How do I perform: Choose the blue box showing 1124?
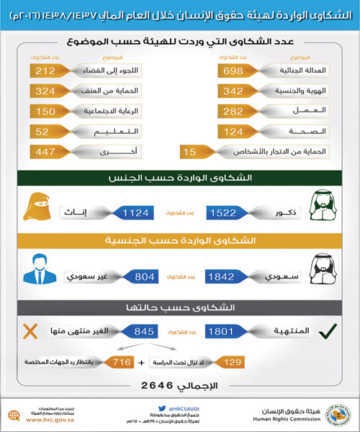[135, 212]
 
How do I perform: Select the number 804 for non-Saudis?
[135, 276]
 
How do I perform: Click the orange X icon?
[30, 333]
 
